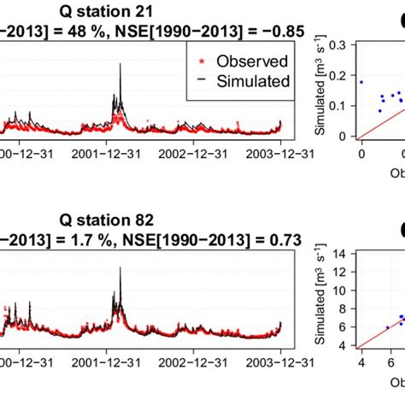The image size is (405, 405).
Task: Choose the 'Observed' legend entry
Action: (x=252, y=62)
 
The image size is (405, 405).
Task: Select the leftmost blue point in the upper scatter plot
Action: (x=361, y=82)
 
